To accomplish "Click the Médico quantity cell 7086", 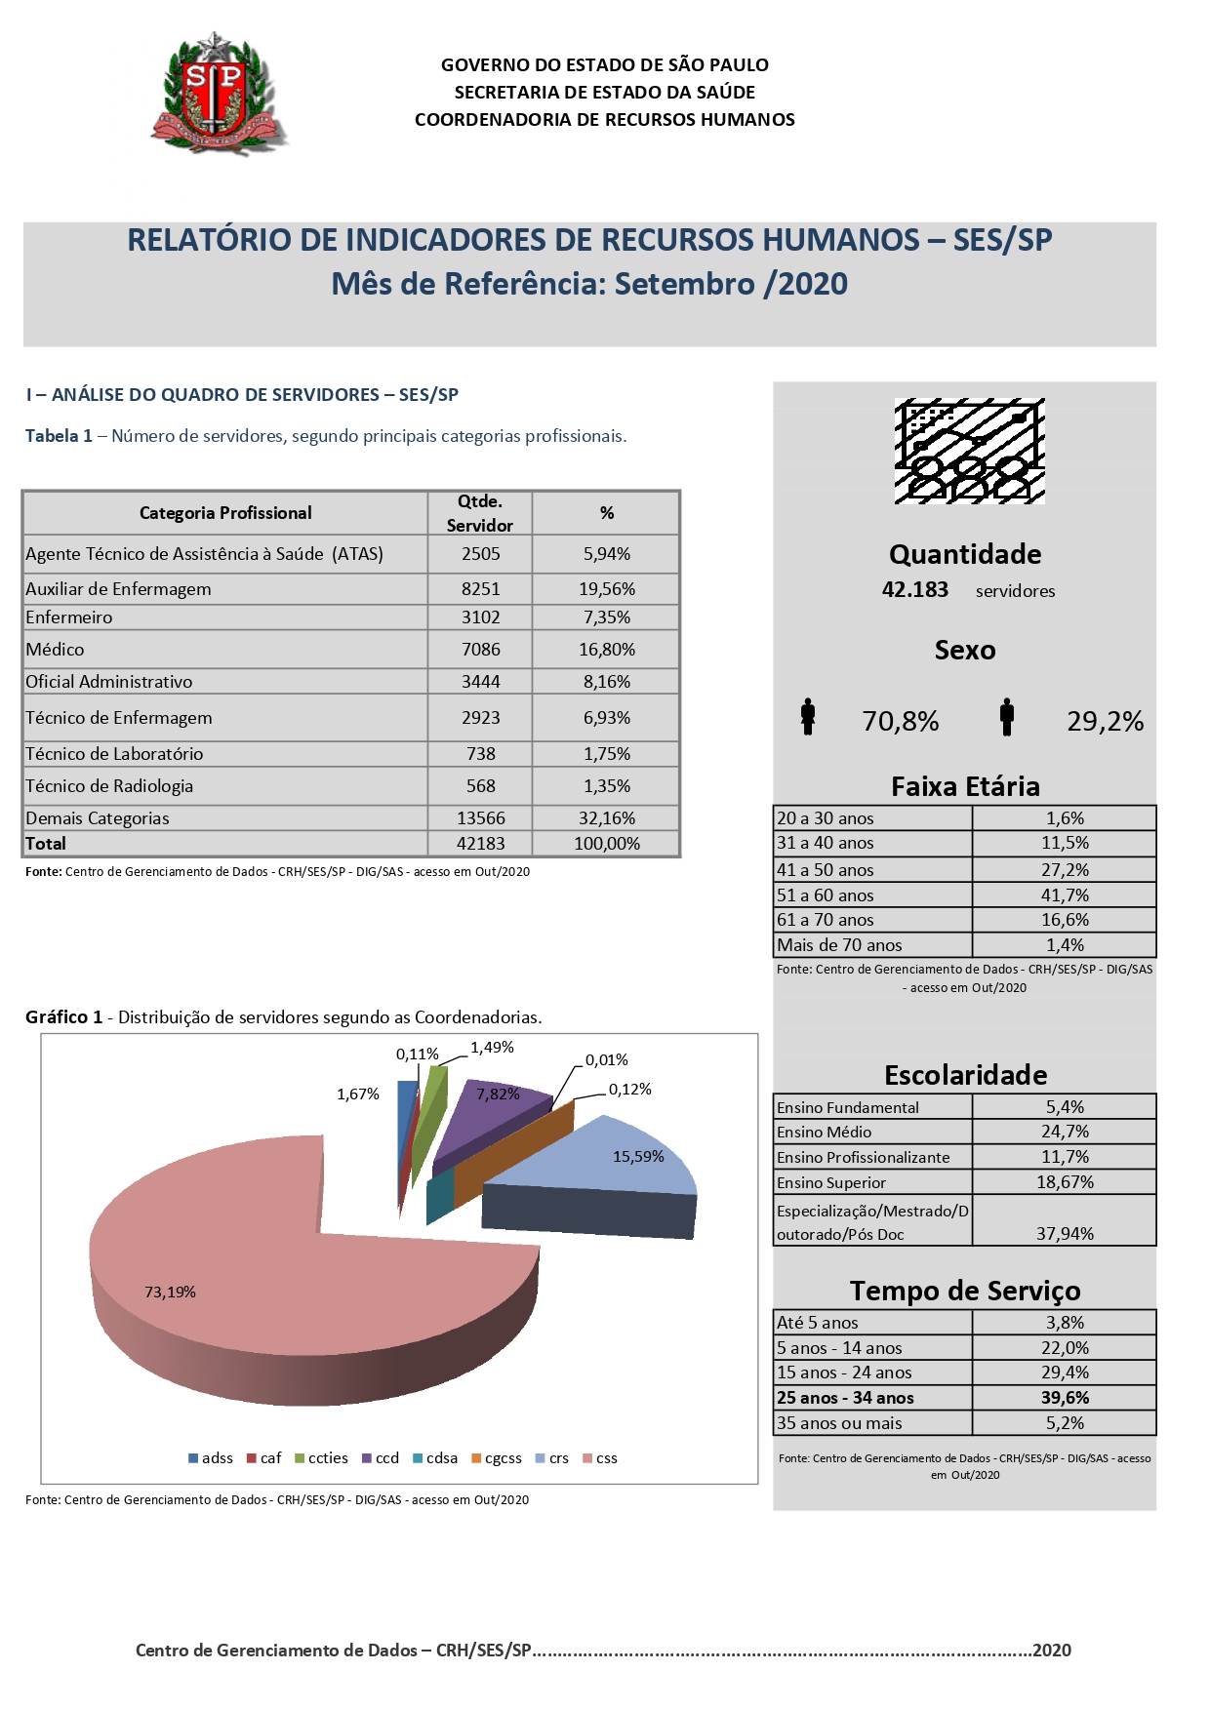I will click(480, 650).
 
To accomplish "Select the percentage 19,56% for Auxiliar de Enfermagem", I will click(606, 589).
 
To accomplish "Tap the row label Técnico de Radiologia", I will click(109, 786).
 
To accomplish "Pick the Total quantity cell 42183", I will click(480, 844).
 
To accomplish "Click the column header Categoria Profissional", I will click(225, 513).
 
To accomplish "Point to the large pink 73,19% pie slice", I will click(293, 1288).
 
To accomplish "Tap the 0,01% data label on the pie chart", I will click(606, 1060).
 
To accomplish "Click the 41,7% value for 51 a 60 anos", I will click(1064, 895).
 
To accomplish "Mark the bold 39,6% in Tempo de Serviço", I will click(1065, 1398).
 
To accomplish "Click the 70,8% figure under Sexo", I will click(900, 722).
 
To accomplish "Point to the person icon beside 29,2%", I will click(1006, 717).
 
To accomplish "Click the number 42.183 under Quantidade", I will click(914, 590).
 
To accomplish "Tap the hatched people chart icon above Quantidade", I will click(969, 451).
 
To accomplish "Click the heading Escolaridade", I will click(965, 1075).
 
